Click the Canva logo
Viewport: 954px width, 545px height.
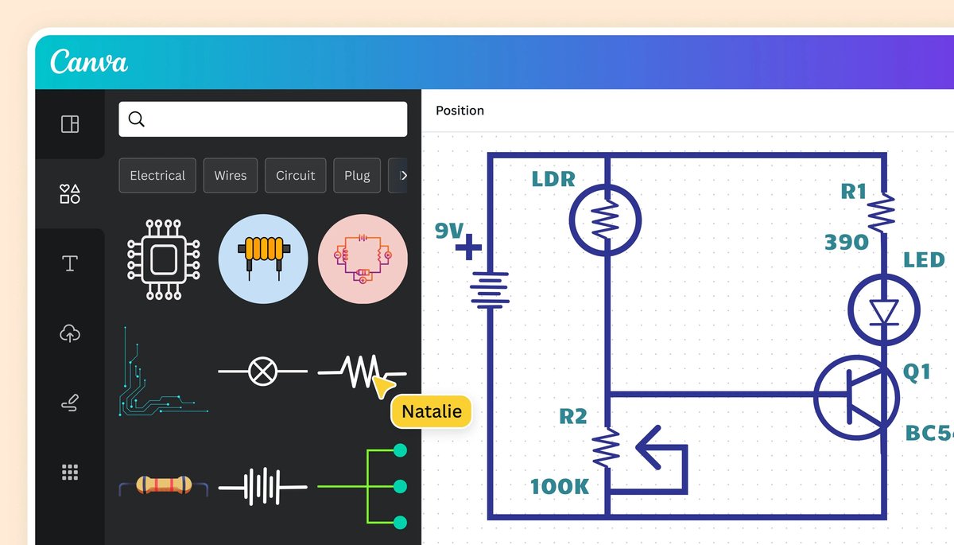(x=89, y=62)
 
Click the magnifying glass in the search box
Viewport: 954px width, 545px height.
(x=137, y=119)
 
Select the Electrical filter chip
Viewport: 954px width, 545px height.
(x=157, y=176)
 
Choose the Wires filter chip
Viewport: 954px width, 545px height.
(x=231, y=176)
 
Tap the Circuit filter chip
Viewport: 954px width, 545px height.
(x=296, y=176)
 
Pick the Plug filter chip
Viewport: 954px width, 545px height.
(x=357, y=176)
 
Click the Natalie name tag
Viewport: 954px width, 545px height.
(x=432, y=412)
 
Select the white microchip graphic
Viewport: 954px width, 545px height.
(x=164, y=259)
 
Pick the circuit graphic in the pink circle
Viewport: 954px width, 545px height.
(x=363, y=259)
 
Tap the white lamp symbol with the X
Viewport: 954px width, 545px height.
(x=262, y=371)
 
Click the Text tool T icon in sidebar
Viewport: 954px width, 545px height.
(x=70, y=264)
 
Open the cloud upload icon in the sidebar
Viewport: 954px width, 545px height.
(x=70, y=334)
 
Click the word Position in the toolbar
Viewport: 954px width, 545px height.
(x=460, y=111)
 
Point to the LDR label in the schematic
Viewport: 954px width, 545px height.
(x=553, y=179)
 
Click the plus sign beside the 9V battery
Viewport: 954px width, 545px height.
(x=468, y=248)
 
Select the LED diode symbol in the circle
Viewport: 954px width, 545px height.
(x=883, y=311)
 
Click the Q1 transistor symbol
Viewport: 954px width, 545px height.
(x=857, y=398)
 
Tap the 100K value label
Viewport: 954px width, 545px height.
(x=560, y=486)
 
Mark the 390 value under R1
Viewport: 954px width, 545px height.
(x=846, y=243)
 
